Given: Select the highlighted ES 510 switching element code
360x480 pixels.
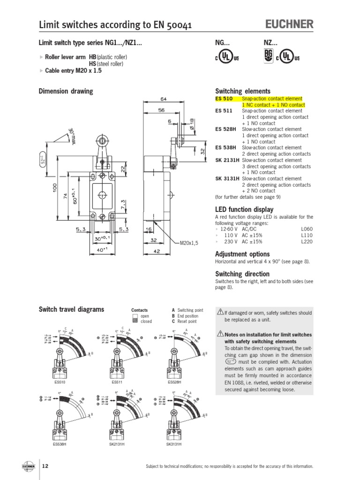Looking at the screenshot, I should (224, 99).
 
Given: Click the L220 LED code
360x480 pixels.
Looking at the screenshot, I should (307, 241).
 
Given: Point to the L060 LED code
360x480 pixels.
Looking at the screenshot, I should (307, 229).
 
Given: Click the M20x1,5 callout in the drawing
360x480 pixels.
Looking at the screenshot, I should (190, 243).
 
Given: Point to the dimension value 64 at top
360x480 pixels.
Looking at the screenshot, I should (164, 99).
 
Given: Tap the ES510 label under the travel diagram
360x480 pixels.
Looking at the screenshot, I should (60, 382).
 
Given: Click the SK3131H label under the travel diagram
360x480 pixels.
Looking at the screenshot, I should (173, 443).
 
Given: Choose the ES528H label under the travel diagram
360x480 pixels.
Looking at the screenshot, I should (174, 382).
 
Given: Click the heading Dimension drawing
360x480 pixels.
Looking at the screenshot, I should (65, 91).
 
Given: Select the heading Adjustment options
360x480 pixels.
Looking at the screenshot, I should (242, 254).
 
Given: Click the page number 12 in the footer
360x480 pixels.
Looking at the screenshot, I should (45, 466).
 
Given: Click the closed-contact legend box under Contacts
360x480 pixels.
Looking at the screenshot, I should (135, 322).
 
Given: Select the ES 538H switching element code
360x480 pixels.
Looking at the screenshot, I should (226, 148).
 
